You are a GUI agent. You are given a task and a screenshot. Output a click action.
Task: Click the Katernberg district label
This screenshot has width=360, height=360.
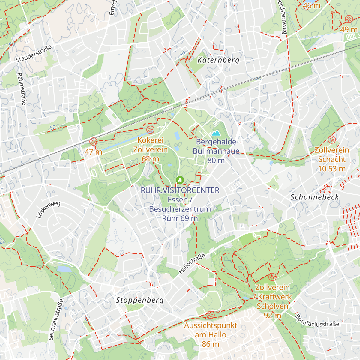(218, 60)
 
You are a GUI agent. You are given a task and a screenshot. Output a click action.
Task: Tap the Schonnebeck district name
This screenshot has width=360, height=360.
(315, 197)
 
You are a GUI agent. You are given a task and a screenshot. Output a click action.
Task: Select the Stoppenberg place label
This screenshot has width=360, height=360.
(140, 300)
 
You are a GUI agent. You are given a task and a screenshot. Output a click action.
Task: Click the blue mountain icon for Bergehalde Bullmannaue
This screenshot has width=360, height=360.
(216, 133)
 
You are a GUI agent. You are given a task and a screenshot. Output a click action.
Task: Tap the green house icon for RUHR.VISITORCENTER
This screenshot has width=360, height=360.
(180, 180)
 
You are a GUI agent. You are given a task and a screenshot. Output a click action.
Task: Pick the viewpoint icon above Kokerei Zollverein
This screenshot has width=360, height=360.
(150, 130)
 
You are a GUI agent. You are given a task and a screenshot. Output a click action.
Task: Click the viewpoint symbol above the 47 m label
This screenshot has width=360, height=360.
(94, 141)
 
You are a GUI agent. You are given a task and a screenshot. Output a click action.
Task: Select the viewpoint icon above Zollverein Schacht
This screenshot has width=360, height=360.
(331, 139)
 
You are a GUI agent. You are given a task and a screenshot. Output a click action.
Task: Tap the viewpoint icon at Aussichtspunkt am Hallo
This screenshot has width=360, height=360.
(210, 315)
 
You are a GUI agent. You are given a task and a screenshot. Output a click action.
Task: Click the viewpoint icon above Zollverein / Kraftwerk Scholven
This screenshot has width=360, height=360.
(272, 277)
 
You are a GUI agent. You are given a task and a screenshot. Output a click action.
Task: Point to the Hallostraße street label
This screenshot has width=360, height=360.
(192, 263)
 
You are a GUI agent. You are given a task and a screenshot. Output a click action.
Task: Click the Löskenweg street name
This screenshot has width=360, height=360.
(48, 209)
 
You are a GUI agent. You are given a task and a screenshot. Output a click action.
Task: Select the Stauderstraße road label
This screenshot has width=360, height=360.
(34, 54)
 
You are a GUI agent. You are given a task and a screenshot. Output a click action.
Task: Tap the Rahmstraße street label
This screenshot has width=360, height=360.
(22, 89)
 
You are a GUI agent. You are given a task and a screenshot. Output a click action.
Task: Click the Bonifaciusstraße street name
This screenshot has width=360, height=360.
(317, 321)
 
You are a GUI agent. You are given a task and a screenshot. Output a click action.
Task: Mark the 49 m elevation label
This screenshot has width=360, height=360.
(349, 29)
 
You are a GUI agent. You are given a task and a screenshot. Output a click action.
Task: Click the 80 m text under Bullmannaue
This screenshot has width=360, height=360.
(216, 160)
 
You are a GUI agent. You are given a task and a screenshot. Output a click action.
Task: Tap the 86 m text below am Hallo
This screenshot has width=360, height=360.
(211, 344)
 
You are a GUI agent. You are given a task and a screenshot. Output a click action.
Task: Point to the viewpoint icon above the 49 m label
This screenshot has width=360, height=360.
(349, 19)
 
